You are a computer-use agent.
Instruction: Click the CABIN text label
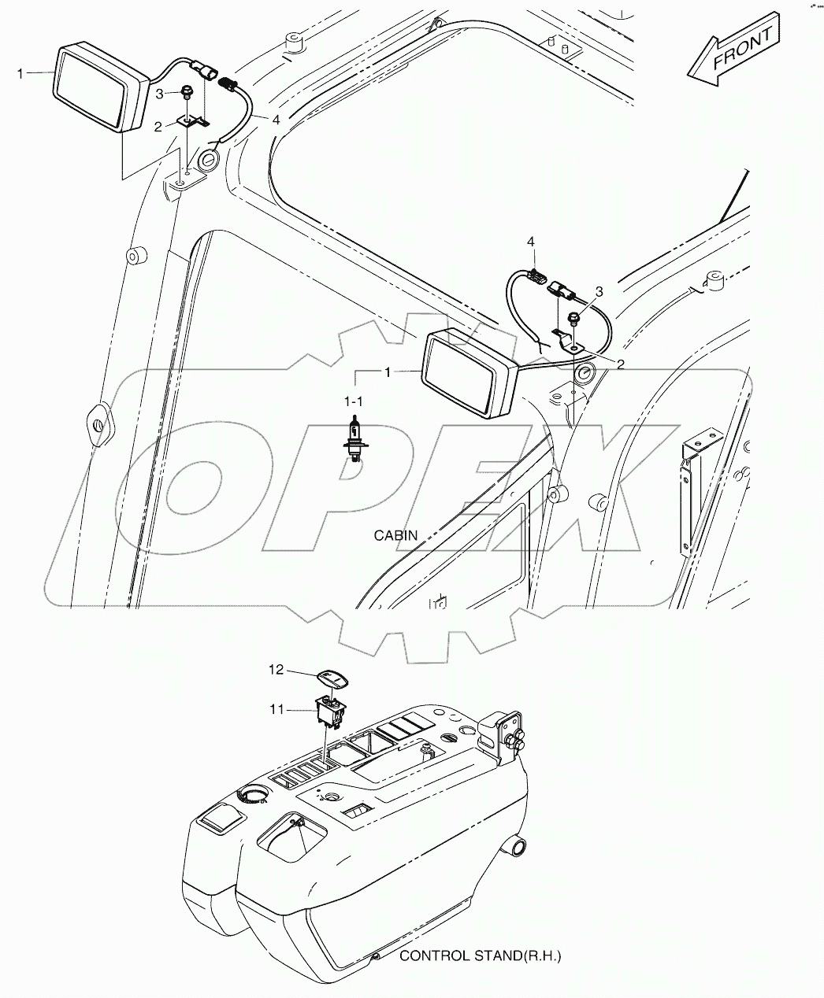pos(395,536)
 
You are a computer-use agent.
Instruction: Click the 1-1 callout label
pos(354,401)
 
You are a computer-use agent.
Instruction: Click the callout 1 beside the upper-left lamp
pos(21,72)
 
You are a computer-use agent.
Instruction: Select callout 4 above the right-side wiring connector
pos(531,241)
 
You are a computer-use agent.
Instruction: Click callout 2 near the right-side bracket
pos(620,364)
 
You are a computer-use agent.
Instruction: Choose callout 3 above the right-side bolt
pos(599,292)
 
